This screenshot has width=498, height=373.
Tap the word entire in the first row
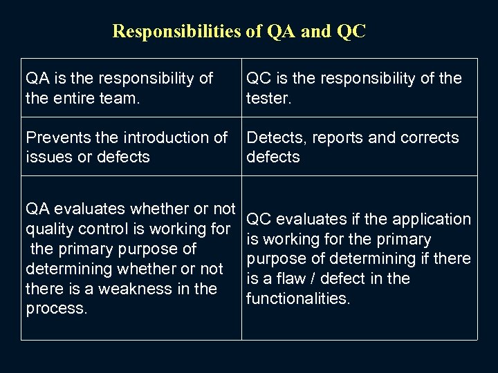tap(75, 98)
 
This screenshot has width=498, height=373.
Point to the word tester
tap(269, 98)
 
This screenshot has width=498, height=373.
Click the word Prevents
tap(56, 137)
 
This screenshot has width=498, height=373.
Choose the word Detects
tap(276, 137)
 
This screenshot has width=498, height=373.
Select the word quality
tap(49, 229)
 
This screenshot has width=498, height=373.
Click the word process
tap(57, 308)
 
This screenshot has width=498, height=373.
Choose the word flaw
tap(285, 279)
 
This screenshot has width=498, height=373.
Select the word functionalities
tap(299, 298)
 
